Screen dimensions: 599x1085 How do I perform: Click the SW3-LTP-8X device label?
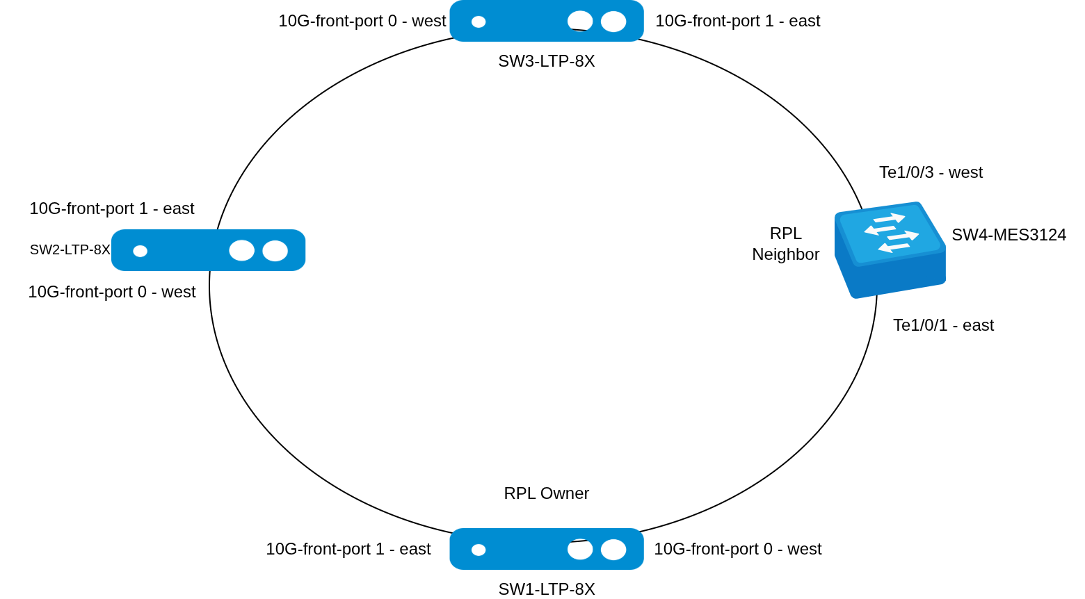546,61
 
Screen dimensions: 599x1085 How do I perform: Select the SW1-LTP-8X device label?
546,589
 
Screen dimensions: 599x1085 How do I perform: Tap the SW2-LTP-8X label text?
70,249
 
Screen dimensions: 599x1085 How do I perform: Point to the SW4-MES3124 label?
1008,235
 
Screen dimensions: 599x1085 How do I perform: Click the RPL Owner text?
546,493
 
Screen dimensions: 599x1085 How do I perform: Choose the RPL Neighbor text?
785,244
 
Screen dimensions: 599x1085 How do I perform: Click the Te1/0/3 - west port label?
931,172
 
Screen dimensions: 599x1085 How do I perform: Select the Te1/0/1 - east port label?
943,325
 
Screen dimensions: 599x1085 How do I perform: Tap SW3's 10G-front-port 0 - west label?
362,21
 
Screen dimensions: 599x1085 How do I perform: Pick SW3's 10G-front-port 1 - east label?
737,21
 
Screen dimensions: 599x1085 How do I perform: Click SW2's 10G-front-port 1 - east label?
111,208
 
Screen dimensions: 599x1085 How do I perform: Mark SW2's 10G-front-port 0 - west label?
111,292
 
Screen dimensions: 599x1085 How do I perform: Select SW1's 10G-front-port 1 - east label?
348,549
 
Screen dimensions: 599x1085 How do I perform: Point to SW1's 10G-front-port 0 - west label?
737,549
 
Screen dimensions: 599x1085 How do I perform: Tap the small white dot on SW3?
479,22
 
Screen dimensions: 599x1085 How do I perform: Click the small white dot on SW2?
140,251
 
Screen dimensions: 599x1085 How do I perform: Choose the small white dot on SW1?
479,550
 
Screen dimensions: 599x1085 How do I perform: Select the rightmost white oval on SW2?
275,251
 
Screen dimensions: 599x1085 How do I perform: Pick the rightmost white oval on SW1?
613,550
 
